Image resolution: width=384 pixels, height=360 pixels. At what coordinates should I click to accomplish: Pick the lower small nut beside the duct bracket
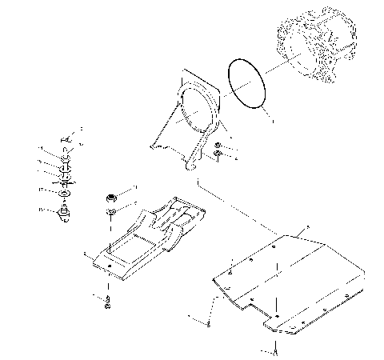218,155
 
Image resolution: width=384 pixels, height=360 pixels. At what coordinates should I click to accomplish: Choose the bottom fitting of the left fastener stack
63,214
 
